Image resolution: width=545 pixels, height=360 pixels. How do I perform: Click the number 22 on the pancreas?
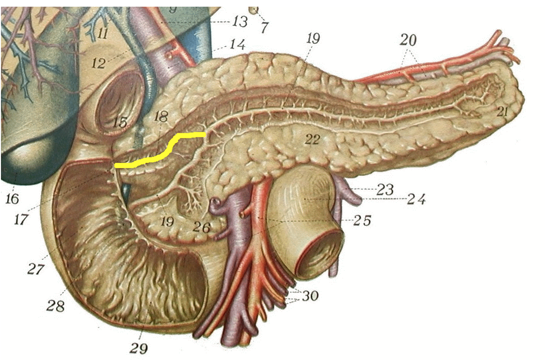click(313, 140)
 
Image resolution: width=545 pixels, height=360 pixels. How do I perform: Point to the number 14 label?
click(237, 46)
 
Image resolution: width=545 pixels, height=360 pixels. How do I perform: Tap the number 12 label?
click(98, 64)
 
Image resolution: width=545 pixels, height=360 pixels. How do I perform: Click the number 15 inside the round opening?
click(120, 123)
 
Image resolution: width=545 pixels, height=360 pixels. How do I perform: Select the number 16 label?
click(12, 197)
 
